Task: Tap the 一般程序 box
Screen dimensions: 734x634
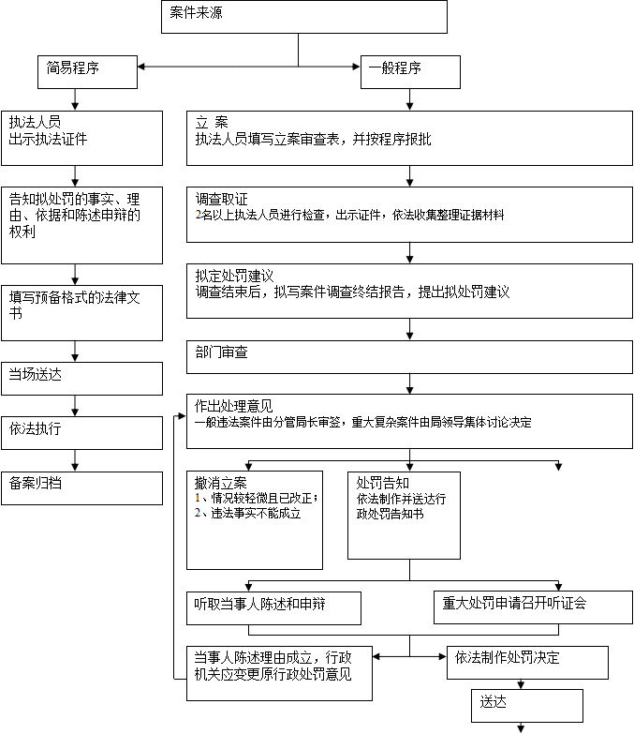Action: tap(410, 71)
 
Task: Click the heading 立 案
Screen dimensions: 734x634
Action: tap(212, 123)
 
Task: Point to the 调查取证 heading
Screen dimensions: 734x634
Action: tap(222, 199)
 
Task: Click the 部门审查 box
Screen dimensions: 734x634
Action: tap(409, 355)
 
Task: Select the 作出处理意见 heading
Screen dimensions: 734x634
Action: tap(234, 406)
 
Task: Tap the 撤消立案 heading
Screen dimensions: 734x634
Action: tap(221, 483)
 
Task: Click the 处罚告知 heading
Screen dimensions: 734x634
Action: tap(382, 483)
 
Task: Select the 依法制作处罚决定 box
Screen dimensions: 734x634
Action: tap(527, 662)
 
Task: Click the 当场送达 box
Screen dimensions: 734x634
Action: tap(81, 377)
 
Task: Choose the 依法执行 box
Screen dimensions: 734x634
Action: tap(81, 432)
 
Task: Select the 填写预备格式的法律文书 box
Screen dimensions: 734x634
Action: tap(81, 311)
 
